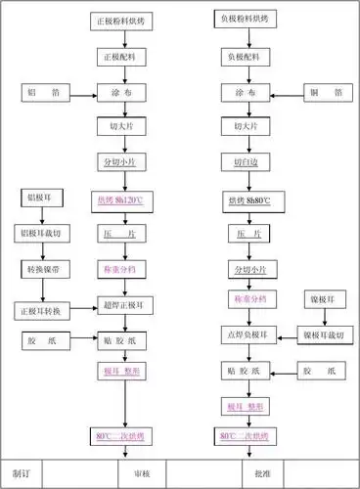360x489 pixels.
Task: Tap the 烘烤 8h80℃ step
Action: [x=249, y=201]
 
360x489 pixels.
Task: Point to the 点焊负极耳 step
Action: [x=249, y=335]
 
